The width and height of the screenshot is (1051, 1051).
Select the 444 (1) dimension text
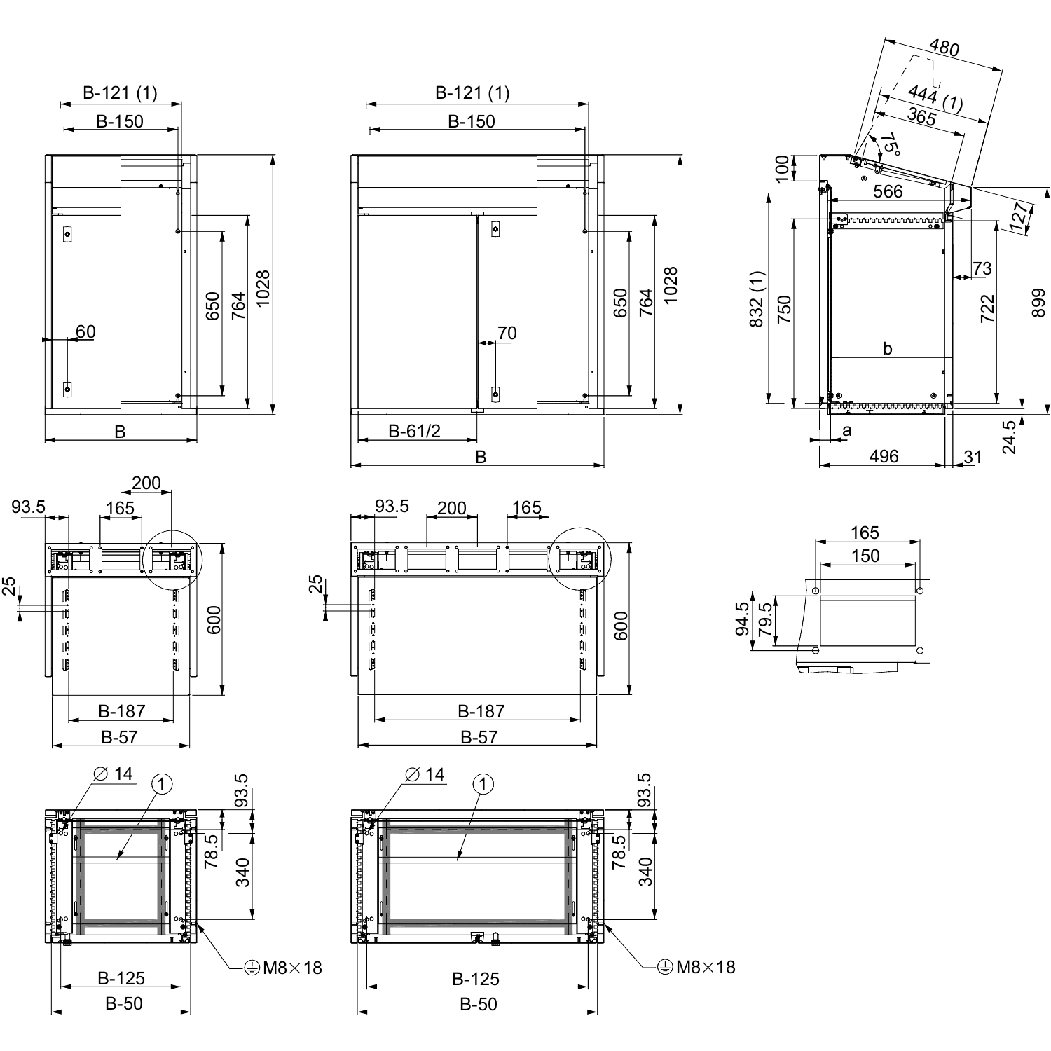click(935, 98)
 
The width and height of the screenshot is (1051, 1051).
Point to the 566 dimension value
click(888, 191)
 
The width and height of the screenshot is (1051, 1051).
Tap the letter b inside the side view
click(888, 348)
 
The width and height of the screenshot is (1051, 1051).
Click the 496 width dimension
click(884, 457)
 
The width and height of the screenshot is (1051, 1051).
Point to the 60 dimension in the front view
click(85, 331)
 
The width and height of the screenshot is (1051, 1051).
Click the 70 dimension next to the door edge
click(507, 333)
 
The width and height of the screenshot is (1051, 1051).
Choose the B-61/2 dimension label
click(415, 431)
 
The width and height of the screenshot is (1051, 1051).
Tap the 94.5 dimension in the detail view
click(743, 619)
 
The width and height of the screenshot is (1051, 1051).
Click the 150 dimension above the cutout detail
click(865, 556)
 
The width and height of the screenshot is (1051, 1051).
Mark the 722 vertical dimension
click(987, 308)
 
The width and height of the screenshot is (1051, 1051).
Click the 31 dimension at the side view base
click(973, 457)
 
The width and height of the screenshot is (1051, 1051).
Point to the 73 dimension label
click(982, 268)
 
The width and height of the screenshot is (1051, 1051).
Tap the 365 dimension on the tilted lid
click(921, 118)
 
